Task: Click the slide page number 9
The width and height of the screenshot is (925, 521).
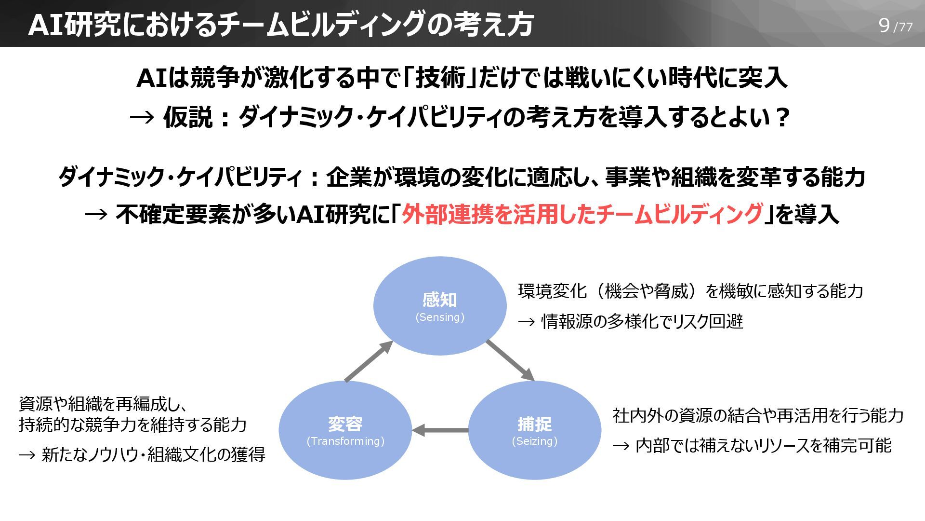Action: click(884, 25)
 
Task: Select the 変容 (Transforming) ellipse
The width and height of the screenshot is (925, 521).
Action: click(345, 410)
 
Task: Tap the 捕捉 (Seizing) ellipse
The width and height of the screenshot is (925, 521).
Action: click(534, 410)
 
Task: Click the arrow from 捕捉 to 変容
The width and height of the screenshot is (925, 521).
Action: click(440, 430)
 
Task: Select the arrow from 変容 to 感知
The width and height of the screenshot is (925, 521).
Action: click(369, 361)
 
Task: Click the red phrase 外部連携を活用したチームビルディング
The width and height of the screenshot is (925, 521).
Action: click(582, 214)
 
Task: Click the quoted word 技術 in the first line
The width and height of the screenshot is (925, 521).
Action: click(440, 78)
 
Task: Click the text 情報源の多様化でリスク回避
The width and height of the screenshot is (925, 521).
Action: click(642, 321)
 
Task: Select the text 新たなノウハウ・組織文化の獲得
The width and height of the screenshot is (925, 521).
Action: click(153, 454)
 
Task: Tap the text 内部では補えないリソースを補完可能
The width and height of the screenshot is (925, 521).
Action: click(763, 445)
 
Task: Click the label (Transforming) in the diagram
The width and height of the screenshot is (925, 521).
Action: click(345, 441)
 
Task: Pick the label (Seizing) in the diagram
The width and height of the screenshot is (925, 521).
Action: click(534, 441)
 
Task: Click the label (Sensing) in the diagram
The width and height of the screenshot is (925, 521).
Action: click(440, 317)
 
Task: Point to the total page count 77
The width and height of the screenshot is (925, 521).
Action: click(906, 27)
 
